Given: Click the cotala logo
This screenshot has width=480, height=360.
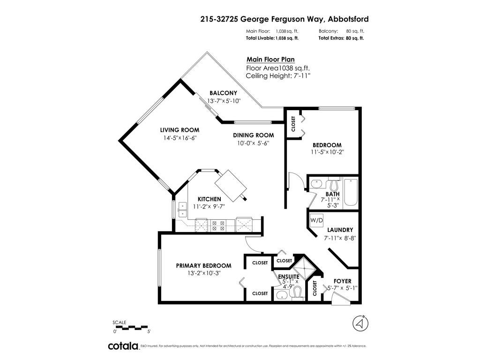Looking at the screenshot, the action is point(123,346).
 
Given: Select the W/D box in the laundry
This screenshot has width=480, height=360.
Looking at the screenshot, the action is point(316,220).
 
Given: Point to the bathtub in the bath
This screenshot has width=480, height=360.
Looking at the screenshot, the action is point(351,192).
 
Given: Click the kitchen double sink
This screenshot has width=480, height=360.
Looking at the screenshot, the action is point(182,210).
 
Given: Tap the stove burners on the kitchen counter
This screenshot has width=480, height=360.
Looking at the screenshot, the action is point(218,225).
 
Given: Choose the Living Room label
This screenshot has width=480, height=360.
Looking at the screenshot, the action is point(180,130).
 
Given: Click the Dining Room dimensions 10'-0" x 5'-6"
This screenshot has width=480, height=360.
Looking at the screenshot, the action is point(253,143).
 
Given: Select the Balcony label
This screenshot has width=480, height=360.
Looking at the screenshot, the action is point(223,93).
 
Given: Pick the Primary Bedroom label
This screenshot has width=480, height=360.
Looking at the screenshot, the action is point(203,266).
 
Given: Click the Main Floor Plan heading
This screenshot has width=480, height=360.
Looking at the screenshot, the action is point(270,60).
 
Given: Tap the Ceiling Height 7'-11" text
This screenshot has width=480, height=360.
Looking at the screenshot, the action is point(278,75).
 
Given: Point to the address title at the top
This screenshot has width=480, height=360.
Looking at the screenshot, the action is point(285,19).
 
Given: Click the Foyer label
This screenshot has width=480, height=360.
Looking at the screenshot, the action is point(343,281).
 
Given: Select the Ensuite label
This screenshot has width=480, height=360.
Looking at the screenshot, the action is point(289,277).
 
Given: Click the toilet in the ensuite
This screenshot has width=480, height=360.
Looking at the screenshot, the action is point(297,292).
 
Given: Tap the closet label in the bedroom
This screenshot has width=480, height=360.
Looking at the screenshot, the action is point(293,124).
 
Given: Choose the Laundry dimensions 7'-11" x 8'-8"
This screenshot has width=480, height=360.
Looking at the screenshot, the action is point(340,238).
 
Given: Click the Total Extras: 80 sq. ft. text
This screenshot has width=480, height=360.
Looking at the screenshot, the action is point(341,38).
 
